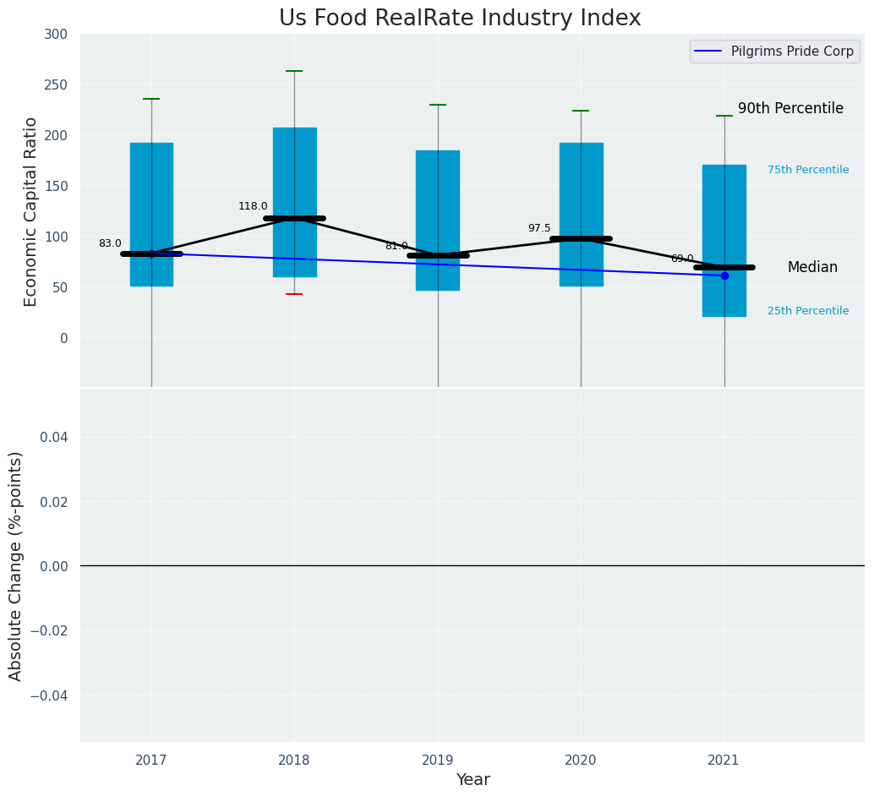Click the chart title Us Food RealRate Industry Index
click(x=460, y=19)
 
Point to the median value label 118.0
click(x=253, y=206)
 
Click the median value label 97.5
click(x=539, y=228)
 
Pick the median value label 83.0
click(x=110, y=243)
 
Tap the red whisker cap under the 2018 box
click(x=294, y=294)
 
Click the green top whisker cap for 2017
click(x=151, y=99)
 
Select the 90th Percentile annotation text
click(x=790, y=108)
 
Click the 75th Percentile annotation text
click(x=808, y=170)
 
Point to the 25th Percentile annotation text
click(x=808, y=311)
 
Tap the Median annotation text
click(x=812, y=267)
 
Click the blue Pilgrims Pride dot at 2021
click(x=724, y=275)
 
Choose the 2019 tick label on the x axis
click(x=438, y=761)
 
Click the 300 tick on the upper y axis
click(x=57, y=34)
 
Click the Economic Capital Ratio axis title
click(x=31, y=211)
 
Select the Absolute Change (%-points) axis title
click(x=16, y=565)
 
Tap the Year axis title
click(x=473, y=780)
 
